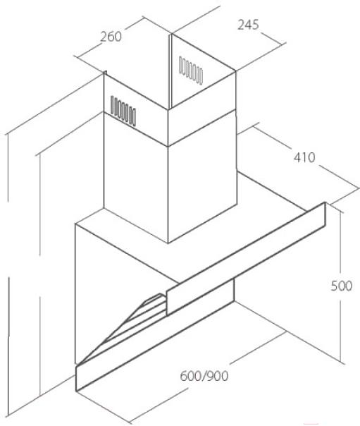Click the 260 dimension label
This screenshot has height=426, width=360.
click(x=111, y=37)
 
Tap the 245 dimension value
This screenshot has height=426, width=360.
click(x=248, y=25)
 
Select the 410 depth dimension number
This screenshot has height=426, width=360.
click(x=304, y=157)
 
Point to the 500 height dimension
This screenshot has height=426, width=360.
click(x=342, y=286)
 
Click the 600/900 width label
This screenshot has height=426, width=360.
click(x=204, y=376)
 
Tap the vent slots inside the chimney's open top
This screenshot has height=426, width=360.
click(x=191, y=71)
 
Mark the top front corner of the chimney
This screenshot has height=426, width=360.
click(x=168, y=110)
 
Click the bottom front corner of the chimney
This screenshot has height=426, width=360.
click(x=168, y=243)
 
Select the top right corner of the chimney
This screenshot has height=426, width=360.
click(x=235, y=71)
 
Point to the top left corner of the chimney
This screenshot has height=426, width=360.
click(x=104, y=73)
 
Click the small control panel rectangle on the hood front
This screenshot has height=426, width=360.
click(x=200, y=297)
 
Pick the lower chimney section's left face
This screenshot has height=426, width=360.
click(x=136, y=176)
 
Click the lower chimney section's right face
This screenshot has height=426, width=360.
click(x=202, y=176)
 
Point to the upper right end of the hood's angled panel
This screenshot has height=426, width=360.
click(x=325, y=202)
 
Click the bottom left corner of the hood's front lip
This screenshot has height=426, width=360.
click(x=76, y=391)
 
